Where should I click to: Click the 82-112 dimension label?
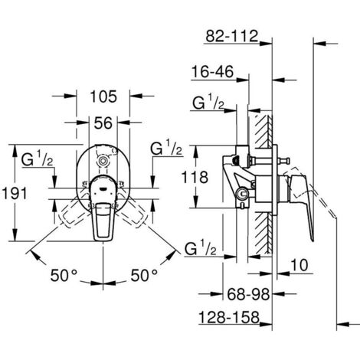[232, 36]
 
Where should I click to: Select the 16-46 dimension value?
[213, 72]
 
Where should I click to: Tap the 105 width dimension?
[103, 97]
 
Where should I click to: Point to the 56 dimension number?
[103, 123]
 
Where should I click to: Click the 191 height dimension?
[15, 193]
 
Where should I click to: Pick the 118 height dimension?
[195, 177]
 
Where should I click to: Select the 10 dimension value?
[299, 265]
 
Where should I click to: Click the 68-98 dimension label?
[248, 294]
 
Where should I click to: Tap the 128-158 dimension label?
[229, 317]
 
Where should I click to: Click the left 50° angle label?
[64, 276]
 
